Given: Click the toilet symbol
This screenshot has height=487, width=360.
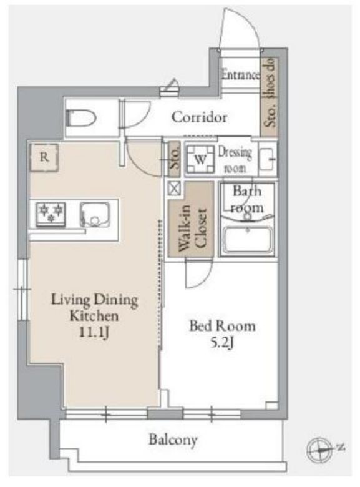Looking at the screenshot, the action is pos(81,118).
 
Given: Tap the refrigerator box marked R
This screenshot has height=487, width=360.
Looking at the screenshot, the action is pos(44,157).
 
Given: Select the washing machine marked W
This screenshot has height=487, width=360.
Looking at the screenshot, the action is pos(200,159).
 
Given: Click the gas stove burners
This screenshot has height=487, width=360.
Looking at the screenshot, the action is pos(51,214).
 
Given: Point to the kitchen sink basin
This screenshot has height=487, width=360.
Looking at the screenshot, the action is pos(94,214).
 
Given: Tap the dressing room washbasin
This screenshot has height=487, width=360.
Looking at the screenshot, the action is pos(267,159).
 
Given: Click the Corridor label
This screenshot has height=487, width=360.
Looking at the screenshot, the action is pos(199,117).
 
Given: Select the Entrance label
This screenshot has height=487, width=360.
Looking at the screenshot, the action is pos(240,74).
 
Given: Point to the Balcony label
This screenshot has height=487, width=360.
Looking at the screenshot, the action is pos(173,440).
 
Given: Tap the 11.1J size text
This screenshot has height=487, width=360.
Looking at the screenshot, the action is pos(94,332).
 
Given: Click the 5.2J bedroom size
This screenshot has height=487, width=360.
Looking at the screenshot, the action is pos(222,343).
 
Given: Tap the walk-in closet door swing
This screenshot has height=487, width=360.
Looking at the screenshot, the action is pos(198,273).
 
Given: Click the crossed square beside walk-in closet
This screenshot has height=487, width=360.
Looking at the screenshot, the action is pos(174,188).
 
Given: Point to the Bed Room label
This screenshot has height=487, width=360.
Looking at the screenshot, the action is pos(223,326).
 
